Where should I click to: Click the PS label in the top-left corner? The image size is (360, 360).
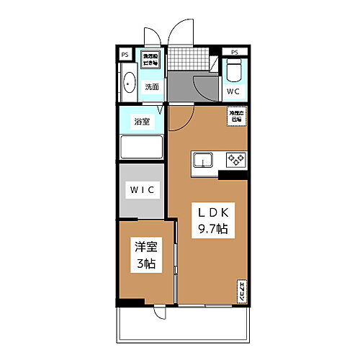tap(125, 54)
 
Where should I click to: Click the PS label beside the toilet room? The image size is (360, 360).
tap(235, 52)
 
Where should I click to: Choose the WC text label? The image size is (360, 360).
tap(234, 92)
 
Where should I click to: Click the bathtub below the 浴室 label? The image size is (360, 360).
tap(143, 147)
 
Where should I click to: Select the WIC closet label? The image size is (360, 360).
tap(143, 189)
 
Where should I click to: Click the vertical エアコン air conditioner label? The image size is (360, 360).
tap(241, 291)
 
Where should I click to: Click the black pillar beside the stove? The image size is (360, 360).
tap(233, 175)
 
